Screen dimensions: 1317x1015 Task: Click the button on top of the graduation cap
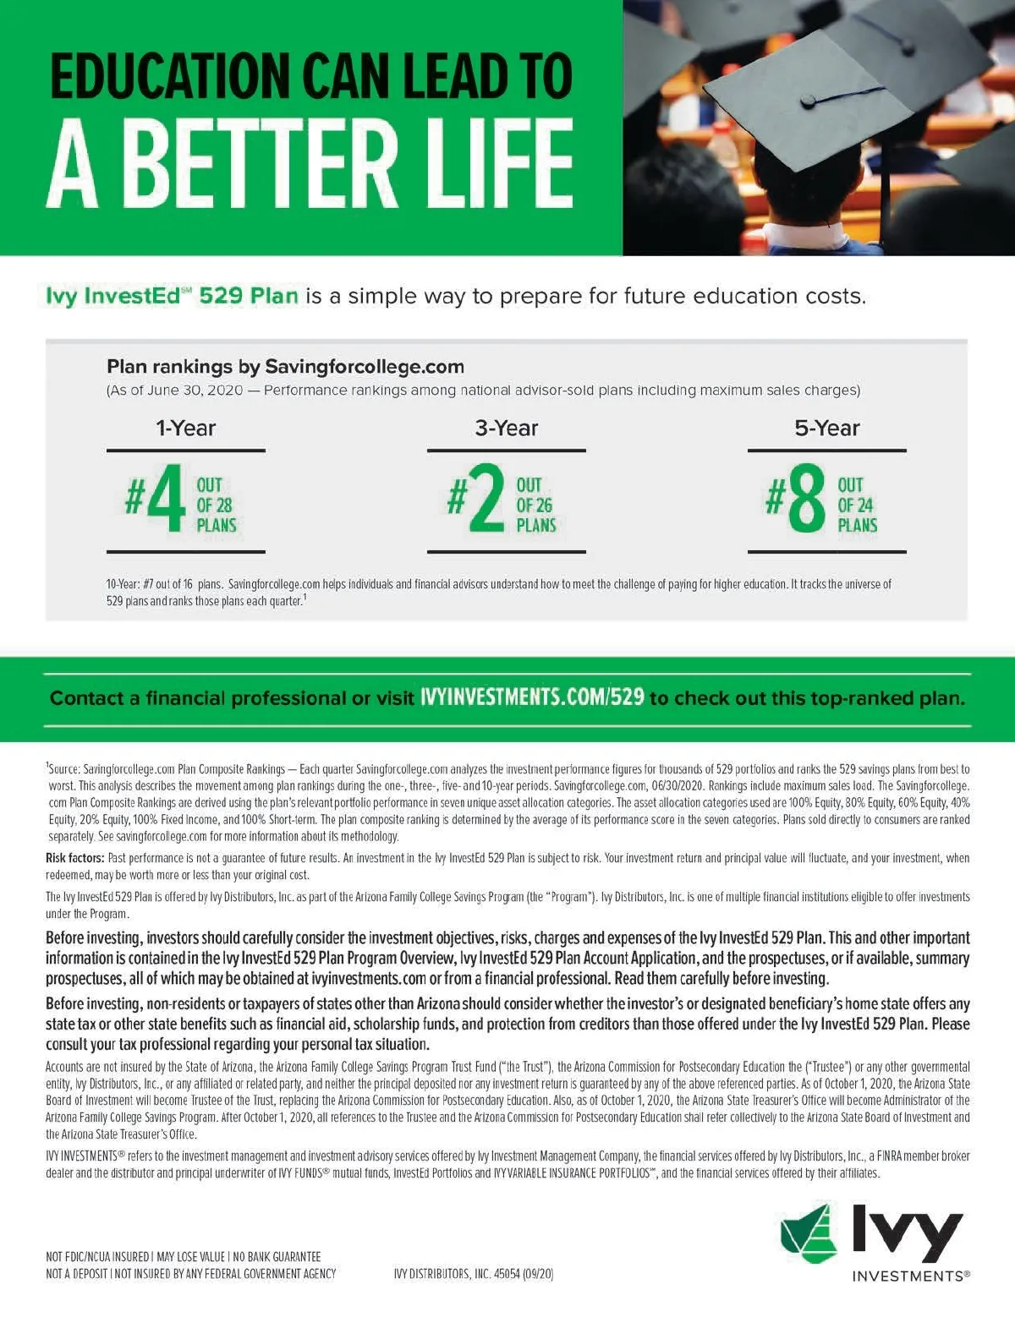tap(807, 101)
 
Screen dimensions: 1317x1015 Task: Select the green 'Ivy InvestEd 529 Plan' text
tap(172, 296)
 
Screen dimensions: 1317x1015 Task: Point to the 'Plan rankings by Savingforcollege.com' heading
tap(285, 367)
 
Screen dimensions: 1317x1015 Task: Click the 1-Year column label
tap(185, 429)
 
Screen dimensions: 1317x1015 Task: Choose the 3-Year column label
tap(506, 429)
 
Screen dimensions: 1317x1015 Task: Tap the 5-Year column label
tap(826, 429)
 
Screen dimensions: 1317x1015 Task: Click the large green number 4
tap(166, 499)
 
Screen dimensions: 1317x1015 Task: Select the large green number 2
tap(486, 499)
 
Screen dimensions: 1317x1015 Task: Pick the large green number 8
tap(806, 499)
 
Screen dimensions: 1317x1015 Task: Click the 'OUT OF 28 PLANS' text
tap(216, 505)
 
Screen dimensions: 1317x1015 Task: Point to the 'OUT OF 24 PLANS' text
tap(857, 505)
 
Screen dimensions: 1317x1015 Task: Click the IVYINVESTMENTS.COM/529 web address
tap(532, 697)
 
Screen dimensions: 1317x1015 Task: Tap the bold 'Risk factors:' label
tap(75, 858)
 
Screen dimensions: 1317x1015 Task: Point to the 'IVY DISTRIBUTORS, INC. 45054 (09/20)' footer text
tap(474, 1274)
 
